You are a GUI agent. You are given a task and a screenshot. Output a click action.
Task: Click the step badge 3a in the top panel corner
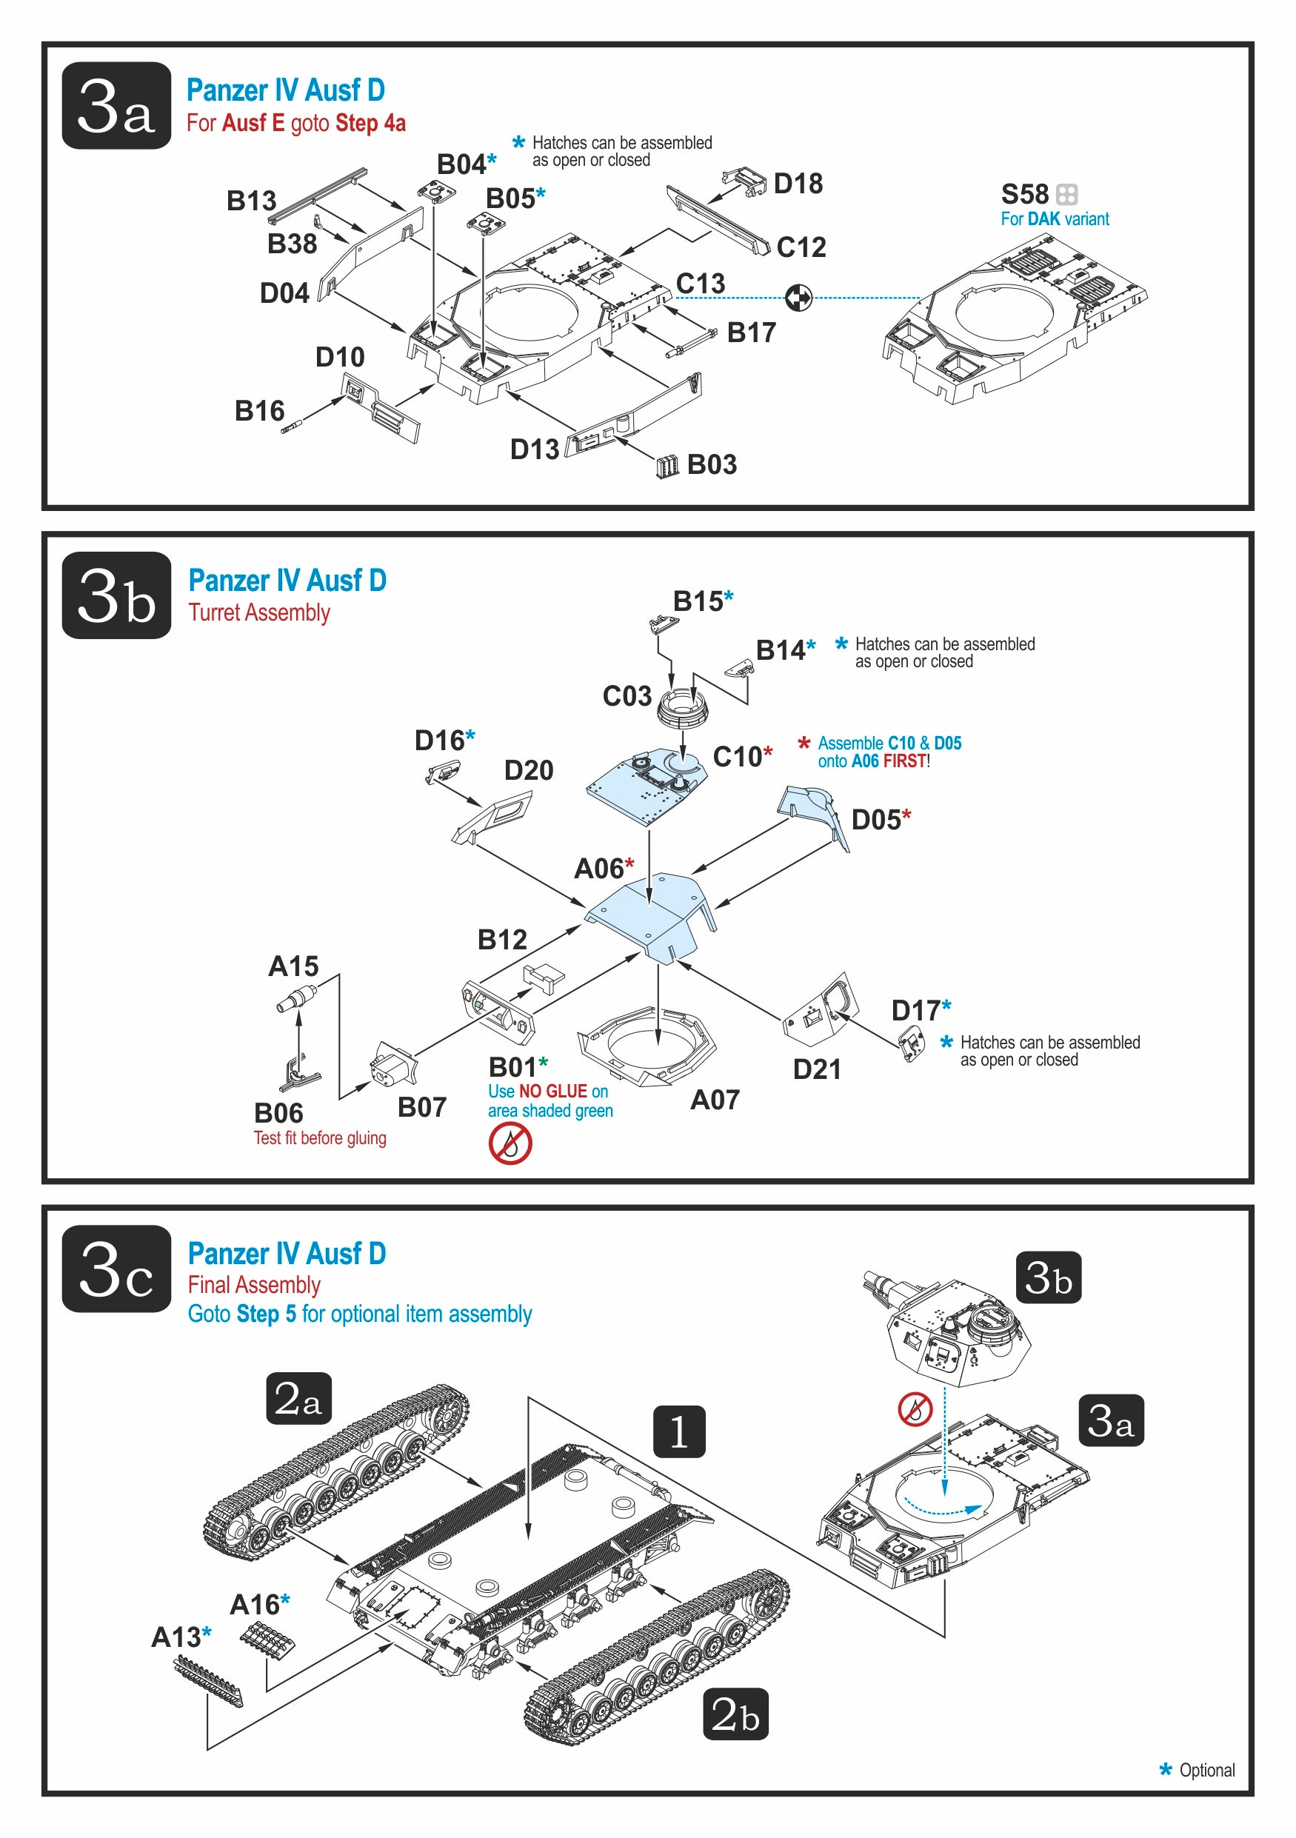116,106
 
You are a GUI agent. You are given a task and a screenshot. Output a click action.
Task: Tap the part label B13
250,201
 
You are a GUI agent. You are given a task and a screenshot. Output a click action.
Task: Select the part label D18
798,184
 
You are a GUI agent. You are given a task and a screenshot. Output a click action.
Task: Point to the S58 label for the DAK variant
1025,195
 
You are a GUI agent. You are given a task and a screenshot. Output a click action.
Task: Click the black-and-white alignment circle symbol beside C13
798,298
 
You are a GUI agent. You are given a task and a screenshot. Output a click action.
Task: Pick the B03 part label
712,464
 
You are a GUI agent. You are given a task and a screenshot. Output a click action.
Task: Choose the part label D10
339,357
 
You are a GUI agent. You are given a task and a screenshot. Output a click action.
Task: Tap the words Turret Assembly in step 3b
258,612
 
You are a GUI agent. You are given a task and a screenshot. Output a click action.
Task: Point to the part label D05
876,821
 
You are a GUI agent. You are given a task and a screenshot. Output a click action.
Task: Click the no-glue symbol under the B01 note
510,1143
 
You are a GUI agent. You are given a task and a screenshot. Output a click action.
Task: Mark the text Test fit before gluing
319,1137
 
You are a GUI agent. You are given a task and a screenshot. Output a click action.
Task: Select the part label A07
714,1100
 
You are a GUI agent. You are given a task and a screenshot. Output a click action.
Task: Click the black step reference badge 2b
735,1714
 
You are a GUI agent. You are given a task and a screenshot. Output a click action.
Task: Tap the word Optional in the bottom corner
1206,1770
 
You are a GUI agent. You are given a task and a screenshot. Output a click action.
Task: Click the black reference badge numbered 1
679,1431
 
